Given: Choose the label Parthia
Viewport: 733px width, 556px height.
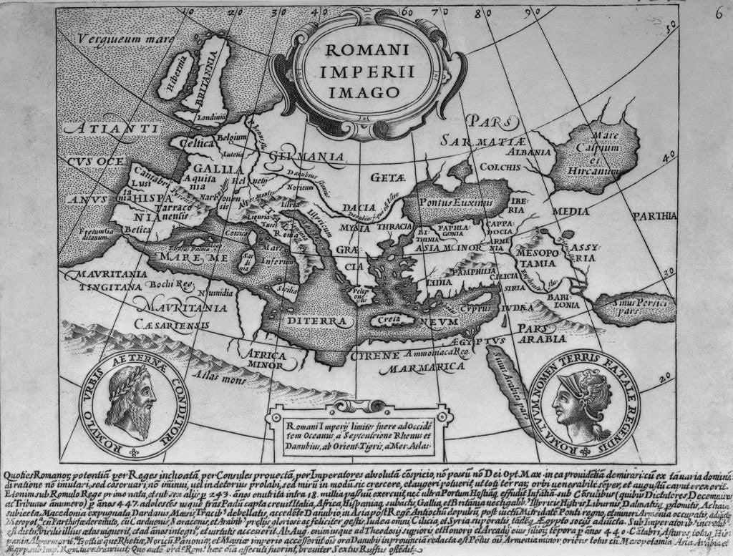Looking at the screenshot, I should [654, 215].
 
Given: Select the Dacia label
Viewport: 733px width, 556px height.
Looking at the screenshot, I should [363, 207].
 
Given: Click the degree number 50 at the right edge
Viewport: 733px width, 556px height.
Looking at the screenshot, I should [671, 27].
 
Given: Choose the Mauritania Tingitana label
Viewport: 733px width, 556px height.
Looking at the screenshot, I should [105, 280].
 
